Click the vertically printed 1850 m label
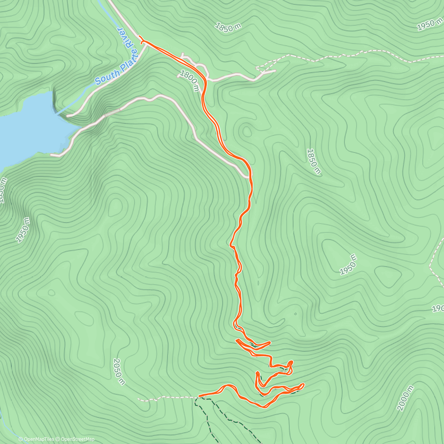click(x=313, y=161)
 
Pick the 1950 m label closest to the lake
click(x=23, y=230)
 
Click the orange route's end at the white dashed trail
click(x=199, y=396)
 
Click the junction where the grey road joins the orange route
click(x=249, y=177)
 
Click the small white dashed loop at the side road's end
click(x=261, y=68)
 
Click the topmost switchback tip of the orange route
click(x=237, y=340)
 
